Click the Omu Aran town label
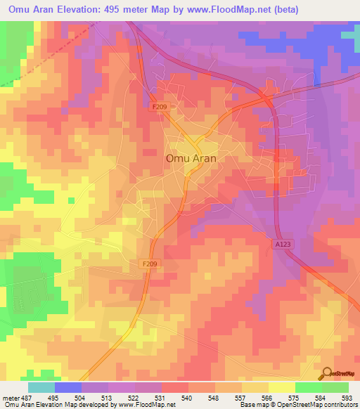coord(191,159)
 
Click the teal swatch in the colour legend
coord(41,387)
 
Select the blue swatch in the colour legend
coord(68,387)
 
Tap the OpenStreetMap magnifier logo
coord(326,373)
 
